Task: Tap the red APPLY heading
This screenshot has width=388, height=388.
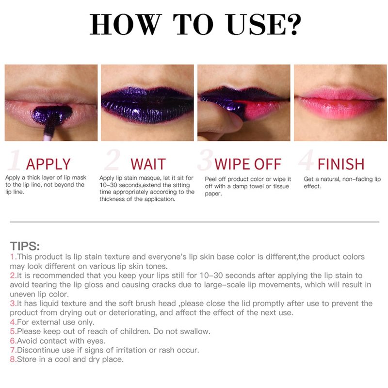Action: tap(48, 164)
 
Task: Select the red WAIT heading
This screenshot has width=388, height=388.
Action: tap(148, 164)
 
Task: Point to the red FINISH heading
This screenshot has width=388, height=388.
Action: tap(341, 164)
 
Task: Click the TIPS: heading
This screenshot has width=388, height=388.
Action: tap(25, 246)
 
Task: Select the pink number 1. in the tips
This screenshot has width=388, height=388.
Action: tap(13, 257)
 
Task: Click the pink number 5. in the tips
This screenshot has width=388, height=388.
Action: tap(13, 331)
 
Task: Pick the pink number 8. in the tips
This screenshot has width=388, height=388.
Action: tap(13, 359)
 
